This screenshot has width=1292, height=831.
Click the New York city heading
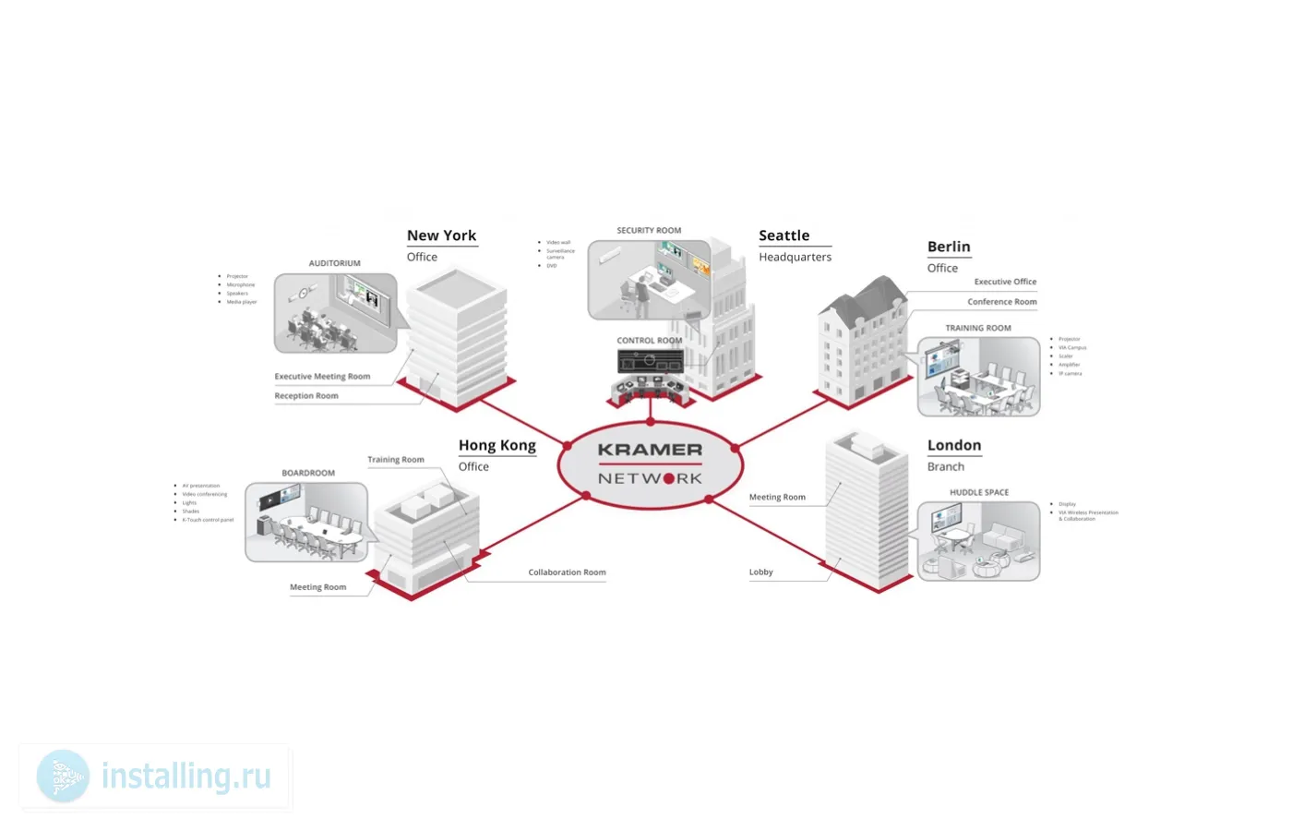click(x=441, y=235)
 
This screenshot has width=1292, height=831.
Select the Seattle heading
click(x=784, y=235)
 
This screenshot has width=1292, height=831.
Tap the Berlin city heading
click(x=949, y=247)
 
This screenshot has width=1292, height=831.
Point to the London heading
click(x=953, y=445)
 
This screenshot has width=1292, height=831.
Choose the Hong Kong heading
click(x=496, y=445)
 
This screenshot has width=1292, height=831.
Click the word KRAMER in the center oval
click(x=650, y=450)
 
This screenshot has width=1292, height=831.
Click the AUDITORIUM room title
click(x=334, y=263)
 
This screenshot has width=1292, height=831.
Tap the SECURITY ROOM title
click(x=649, y=231)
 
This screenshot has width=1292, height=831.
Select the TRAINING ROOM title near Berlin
click(x=977, y=328)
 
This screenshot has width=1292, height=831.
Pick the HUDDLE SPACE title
click(x=978, y=492)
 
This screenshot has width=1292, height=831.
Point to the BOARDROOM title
click(x=308, y=473)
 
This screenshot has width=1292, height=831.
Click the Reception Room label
click(x=306, y=396)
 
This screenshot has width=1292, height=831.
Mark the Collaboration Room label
click(x=567, y=572)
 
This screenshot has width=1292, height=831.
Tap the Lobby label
click(x=760, y=572)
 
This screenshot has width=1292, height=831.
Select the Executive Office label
click(x=1005, y=282)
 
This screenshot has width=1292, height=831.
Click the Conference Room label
click(x=1001, y=302)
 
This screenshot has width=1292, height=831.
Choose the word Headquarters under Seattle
click(x=795, y=258)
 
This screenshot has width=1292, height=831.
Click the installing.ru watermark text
click(x=186, y=777)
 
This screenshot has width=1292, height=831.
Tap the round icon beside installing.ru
click(x=63, y=776)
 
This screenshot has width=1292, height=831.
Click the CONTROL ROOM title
click(x=649, y=341)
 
